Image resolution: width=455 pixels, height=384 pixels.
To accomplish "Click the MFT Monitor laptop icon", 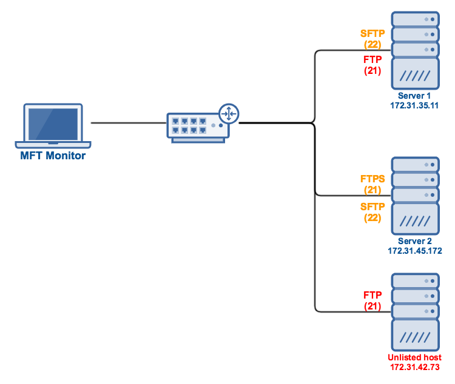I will [x=53, y=125].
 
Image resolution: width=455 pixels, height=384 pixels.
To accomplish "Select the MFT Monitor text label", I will [x=53, y=156].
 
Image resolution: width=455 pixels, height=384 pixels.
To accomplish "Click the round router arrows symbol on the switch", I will [x=229, y=113].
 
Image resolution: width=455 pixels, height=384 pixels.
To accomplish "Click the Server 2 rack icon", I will [x=415, y=195].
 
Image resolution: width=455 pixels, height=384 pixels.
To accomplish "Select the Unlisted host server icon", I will [x=415, y=311].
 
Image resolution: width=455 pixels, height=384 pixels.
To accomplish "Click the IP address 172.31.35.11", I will [x=415, y=105].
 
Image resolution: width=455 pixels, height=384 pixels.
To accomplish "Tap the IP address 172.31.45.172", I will [x=415, y=250].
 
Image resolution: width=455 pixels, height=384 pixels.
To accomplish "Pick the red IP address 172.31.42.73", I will [x=415, y=367].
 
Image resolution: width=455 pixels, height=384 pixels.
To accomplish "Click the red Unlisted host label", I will [x=415, y=357].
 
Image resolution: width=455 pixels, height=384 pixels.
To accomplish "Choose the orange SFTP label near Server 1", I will [x=372, y=35].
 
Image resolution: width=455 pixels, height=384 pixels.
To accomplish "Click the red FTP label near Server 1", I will [x=372, y=60].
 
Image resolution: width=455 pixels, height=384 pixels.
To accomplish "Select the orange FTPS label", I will [x=372, y=179].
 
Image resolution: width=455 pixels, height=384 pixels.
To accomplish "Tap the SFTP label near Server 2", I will [x=372, y=207].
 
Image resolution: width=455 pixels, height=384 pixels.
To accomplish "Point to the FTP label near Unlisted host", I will [x=372, y=295].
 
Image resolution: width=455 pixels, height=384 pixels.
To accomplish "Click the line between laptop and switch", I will [x=127, y=123].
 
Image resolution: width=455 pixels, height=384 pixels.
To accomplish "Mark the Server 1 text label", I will [x=415, y=96].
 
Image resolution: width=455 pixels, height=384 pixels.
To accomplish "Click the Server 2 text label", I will [x=415, y=241].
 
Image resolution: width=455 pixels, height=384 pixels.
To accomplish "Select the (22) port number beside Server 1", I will [x=372, y=45].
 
